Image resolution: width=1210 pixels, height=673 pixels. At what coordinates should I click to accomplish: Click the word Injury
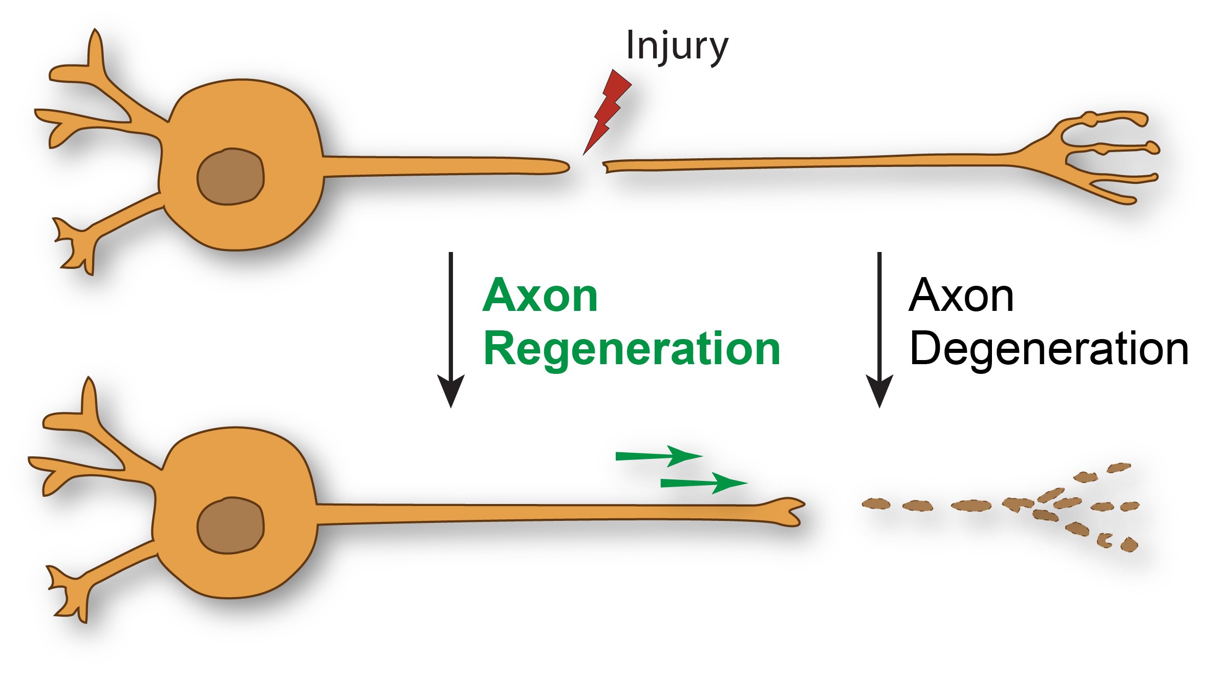coord(677,46)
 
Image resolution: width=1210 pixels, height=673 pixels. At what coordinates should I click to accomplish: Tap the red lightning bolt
coord(608,110)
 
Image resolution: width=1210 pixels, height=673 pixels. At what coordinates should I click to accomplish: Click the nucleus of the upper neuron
coord(230,177)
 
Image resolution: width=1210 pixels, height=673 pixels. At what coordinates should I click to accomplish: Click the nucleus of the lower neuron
coord(230,525)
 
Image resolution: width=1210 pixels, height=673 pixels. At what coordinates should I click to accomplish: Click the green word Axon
coord(540,296)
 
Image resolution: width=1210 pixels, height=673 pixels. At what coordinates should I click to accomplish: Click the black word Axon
coord(961,296)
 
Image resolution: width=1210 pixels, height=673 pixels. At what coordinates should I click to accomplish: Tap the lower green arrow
coord(704,483)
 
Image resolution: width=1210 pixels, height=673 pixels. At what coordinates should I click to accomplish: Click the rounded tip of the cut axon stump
coord(563,166)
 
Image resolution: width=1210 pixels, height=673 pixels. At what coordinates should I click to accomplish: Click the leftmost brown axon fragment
coord(876,504)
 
